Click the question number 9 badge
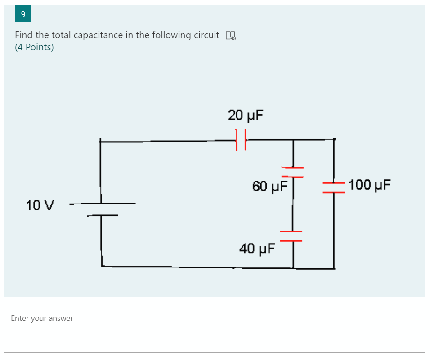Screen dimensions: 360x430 coord(23,14)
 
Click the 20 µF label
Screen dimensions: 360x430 coord(245,116)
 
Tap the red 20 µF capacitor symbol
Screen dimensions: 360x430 coord(241,140)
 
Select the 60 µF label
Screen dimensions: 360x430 coord(269,186)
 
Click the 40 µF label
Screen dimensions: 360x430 coord(256,249)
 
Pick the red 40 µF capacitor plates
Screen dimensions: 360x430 coord(291,236)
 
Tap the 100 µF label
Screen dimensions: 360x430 coord(369,185)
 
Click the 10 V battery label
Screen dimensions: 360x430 coord(40,205)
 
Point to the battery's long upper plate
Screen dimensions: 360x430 coord(103,204)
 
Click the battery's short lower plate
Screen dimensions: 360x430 coord(103,215)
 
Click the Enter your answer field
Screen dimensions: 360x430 coord(214,330)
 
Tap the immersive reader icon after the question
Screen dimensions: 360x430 coord(230,36)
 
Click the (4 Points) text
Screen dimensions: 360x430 coord(34,48)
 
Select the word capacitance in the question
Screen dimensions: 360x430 coord(98,35)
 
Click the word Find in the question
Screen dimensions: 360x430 coord(24,35)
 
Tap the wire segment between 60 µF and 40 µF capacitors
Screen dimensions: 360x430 coord(293,207)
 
